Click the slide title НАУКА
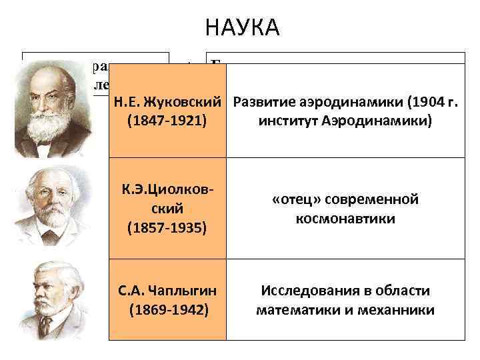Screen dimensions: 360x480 pyautogui.click(x=243, y=28)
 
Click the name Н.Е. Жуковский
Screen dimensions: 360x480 pyautogui.click(x=167, y=103)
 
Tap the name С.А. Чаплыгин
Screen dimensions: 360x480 pyautogui.click(x=167, y=291)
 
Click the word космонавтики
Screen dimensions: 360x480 pyautogui.click(x=344, y=219)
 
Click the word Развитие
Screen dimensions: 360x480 pyautogui.click(x=261, y=103)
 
